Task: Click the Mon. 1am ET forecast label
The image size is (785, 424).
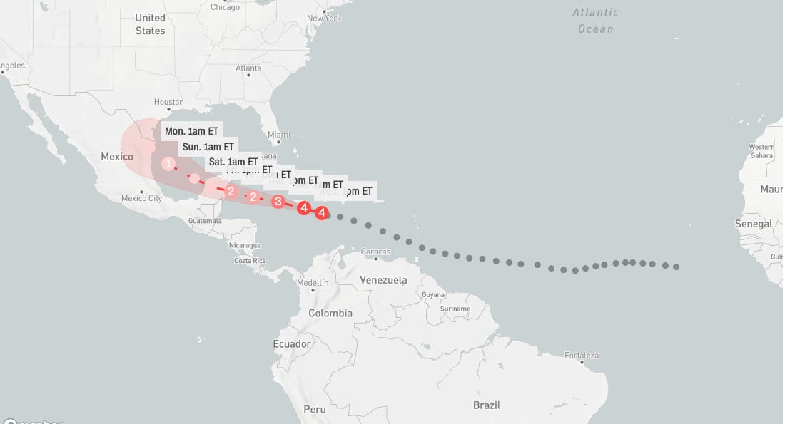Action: (191, 131)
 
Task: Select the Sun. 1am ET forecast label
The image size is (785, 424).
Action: (208, 147)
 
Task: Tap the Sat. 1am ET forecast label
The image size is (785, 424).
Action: (233, 162)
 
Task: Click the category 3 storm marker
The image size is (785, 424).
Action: (278, 202)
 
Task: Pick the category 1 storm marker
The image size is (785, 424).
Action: (168, 164)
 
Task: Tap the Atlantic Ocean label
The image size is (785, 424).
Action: (595, 21)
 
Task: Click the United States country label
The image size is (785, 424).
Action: (150, 24)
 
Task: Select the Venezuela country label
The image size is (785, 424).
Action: (383, 279)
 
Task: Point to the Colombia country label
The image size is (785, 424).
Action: (330, 313)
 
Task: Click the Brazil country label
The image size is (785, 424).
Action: (487, 405)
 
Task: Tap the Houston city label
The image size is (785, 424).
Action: (169, 103)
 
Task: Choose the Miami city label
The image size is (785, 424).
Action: (279, 135)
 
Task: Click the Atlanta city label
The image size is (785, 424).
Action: (248, 68)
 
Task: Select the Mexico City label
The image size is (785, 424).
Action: (141, 198)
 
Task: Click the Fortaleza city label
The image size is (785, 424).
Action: (581, 355)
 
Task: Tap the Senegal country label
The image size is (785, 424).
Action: (754, 224)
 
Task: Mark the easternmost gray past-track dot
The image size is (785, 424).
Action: (676, 267)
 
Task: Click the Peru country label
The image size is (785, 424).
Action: (315, 409)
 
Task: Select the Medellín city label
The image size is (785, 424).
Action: (313, 283)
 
